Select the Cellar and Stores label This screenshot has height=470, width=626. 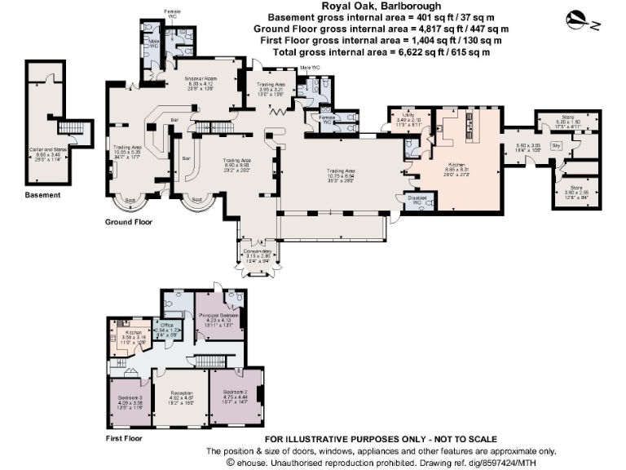click(x=49, y=150)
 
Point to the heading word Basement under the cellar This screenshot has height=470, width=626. click(x=42, y=196)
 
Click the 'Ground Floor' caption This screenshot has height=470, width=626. click(x=128, y=222)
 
